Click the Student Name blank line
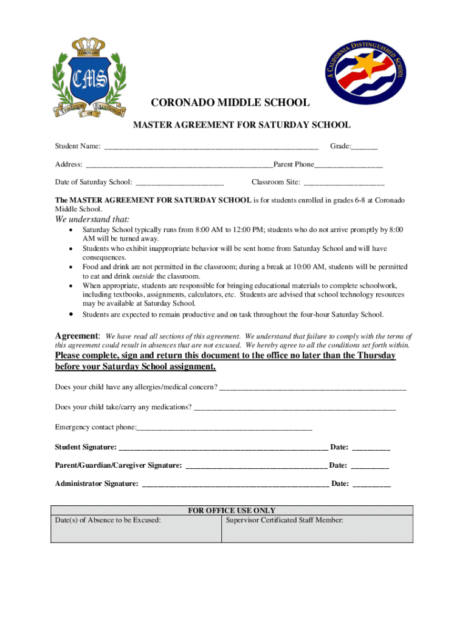coord(211,146)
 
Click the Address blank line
coord(179,165)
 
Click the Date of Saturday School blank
coord(180,182)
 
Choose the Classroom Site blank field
coord(344,182)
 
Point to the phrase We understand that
coord(92,219)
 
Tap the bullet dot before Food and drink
coord(72,267)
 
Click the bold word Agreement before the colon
coord(77,336)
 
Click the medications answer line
coord(295,407)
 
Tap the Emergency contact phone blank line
coord(224,427)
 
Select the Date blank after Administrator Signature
coord(371,484)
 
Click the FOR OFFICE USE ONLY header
coord(232,511)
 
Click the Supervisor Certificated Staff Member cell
coord(317,528)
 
